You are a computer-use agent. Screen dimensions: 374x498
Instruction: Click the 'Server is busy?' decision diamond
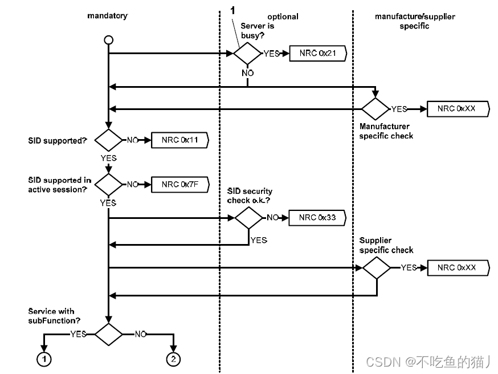(x=247, y=54)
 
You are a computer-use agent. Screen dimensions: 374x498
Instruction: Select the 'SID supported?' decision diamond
(x=108, y=140)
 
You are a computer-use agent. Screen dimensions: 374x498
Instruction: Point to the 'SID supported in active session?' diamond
(x=108, y=184)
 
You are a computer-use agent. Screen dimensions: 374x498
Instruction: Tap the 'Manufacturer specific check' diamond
(x=375, y=109)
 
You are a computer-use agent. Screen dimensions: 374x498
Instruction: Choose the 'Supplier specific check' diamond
(x=377, y=267)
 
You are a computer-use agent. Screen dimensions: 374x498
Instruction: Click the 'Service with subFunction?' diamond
(x=108, y=334)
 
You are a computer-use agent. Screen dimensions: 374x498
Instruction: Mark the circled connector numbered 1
(x=43, y=359)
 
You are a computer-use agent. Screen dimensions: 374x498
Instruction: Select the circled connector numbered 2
(x=173, y=359)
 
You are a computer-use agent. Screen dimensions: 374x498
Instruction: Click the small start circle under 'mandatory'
(x=108, y=40)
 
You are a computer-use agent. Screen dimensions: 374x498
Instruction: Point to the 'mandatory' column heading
(x=107, y=16)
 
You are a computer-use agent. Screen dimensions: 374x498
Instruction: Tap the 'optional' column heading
(x=283, y=17)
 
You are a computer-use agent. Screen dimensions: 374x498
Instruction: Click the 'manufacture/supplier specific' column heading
(x=414, y=21)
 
